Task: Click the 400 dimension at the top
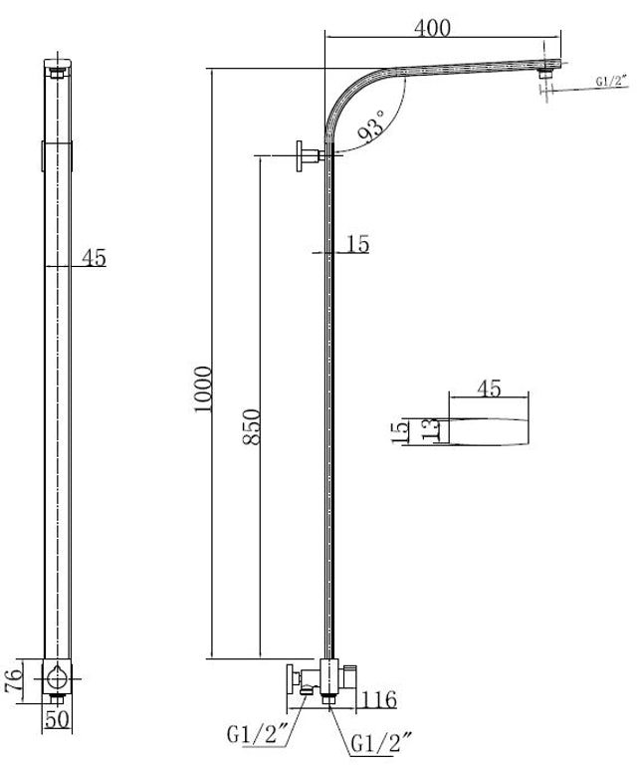pyautogui.click(x=432, y=28)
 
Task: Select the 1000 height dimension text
pyautogui.click(x=203, y=389)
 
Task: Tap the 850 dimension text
pyautogui.click(x=252, y=426)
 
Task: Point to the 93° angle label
pyautogui.click(x=371, y=127)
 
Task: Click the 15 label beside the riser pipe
pyautogui.click(x=357, y=244)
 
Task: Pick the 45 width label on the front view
pyautogui.click(x=94, y=258)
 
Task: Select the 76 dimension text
pyautogui.click(x=14, y=679)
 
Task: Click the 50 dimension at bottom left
pyautogui.click(x=57, y=720)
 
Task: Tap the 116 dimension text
pyautogui.click(x=378, y=699)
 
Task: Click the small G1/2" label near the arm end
pyautogui.click(x=612, y=82)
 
